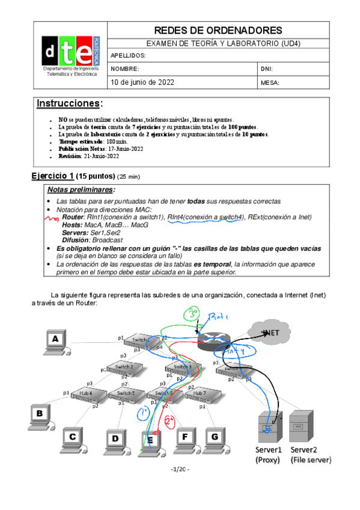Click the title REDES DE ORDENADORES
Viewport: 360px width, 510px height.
tap(218, 30)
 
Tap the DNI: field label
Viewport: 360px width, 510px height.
tap(267, 69)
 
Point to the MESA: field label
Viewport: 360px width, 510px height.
tap(270, 83)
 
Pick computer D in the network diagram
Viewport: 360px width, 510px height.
tap(115, 440)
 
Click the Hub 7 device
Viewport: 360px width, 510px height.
tap(199, 394)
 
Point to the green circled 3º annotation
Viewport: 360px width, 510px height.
tap(192, 314)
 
